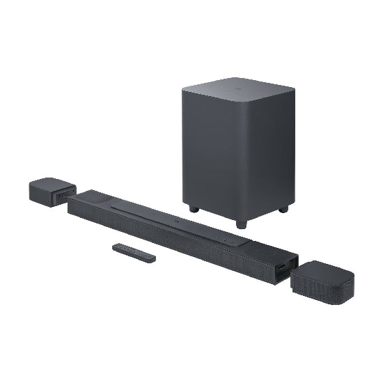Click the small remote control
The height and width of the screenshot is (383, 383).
(134, 253)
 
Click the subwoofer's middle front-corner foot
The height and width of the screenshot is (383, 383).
(241, 224)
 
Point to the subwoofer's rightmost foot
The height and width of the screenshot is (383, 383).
(283, 208)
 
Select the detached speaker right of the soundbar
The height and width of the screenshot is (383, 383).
(322, 281)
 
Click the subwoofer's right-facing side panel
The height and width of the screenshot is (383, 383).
(268, 157)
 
